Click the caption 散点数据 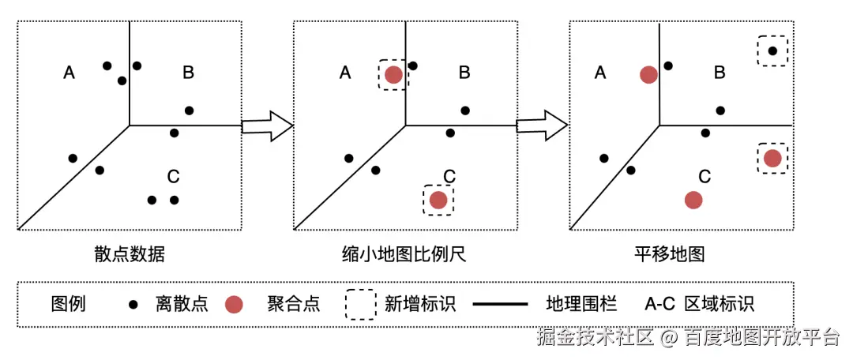tap(130, 254)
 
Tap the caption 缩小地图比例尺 tap(405, 254)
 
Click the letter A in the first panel tap(69, 73)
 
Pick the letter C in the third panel tap(705, 176)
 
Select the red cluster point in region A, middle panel tap(393, 75)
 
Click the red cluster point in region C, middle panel tap(438, 200)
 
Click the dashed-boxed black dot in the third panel tap(772, 51)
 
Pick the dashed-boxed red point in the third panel tap(772, 159)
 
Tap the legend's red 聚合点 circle tap(233, 304)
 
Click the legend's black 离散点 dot tap(133, 305)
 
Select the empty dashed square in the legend tap(360, 304)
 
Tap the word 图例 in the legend tap(68, 304)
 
